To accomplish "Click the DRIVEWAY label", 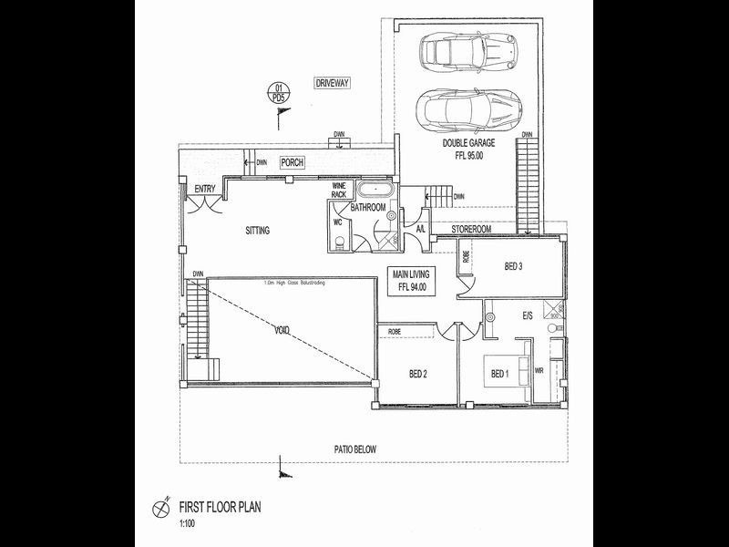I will click(x=333, y=83).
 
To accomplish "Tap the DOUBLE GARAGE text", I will click(x=468, y=143).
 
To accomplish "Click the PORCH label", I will click(x=292, y=162).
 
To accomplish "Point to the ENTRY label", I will click(x=204, y=190).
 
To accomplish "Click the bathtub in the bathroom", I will click(x=375, y=191).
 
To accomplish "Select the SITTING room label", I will click(x=257, y=231).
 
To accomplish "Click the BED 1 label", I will click(x=499, y=374).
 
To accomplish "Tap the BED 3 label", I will click(x=516, y=267).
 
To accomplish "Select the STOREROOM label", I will click(x=472, y=228).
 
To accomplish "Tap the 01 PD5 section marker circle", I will click(x=281, y=91).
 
